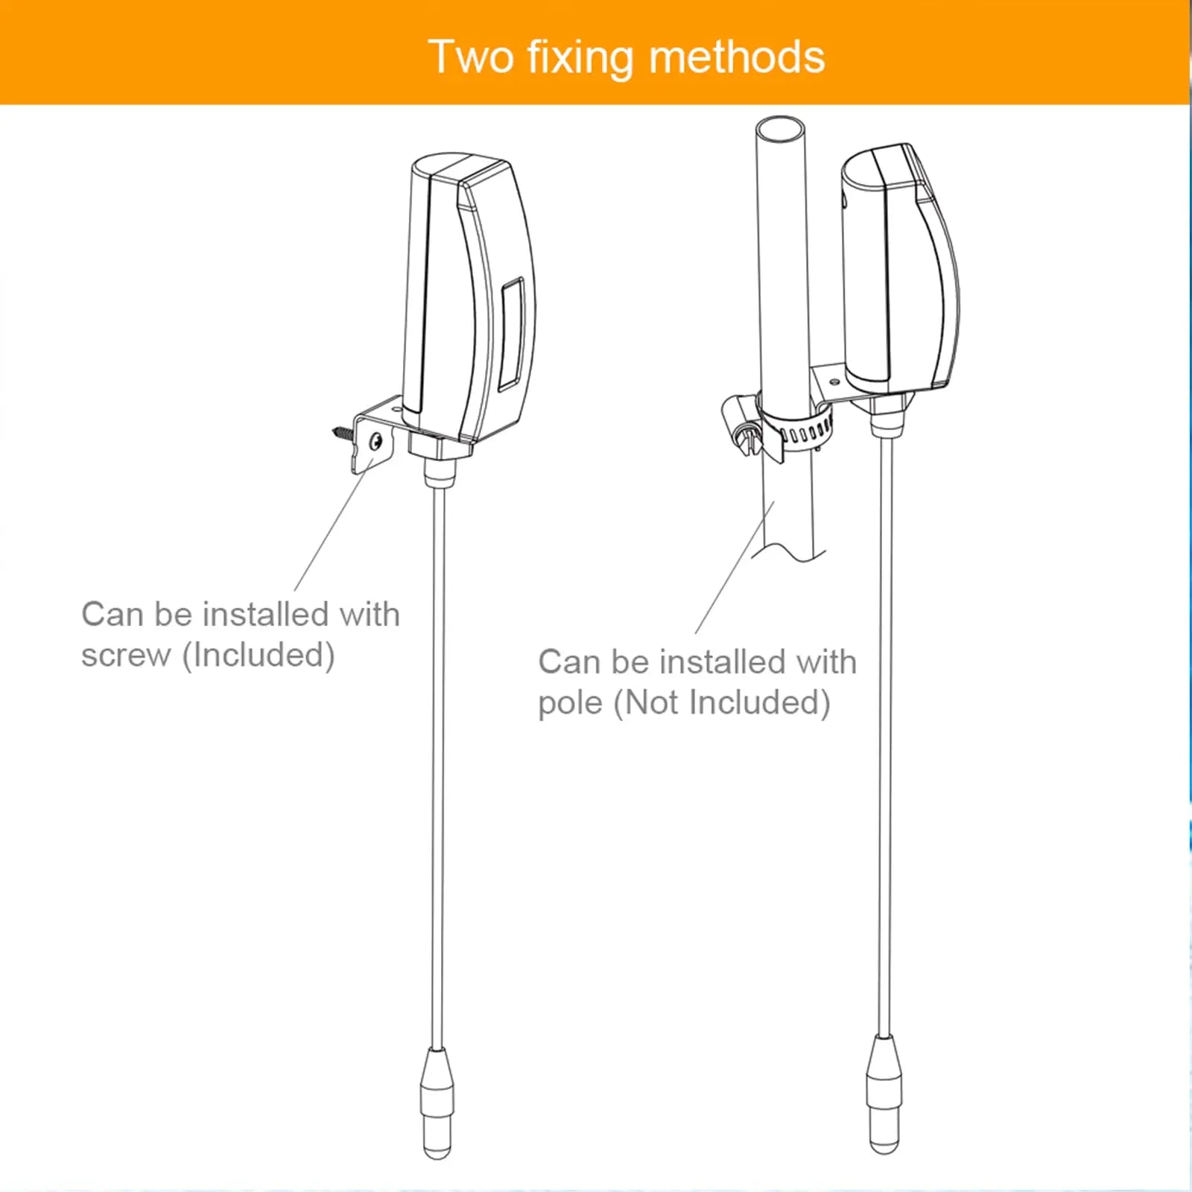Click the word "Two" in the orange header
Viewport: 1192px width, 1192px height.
point(471,57)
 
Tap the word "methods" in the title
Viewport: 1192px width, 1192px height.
point(737,57)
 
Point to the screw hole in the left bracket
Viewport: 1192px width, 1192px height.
point(376,442)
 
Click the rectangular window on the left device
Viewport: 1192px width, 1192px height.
point(512,333)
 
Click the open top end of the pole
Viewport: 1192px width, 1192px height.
point(780,127)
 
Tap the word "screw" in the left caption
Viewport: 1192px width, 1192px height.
point(126,656)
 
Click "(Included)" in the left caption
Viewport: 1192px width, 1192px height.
point(259,656)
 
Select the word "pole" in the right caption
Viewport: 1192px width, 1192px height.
point(570,703)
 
